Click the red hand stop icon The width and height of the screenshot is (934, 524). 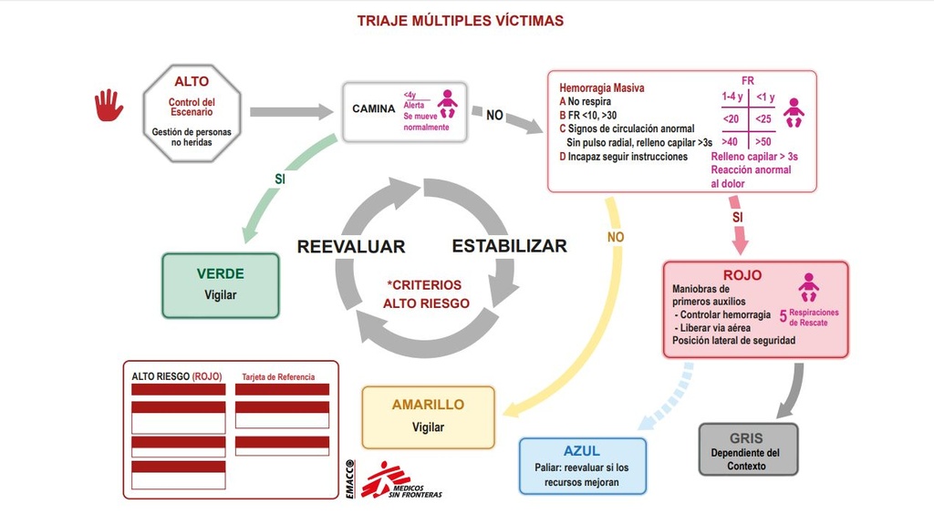109,105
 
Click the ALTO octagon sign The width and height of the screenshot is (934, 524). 192,113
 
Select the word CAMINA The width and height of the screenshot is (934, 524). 373,109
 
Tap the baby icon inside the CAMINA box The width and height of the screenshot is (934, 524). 447,104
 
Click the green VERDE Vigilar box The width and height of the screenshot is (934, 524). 221,284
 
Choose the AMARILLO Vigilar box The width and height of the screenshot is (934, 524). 428,416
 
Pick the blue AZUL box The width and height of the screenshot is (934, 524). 582,466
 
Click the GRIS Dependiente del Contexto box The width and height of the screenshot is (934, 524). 747,448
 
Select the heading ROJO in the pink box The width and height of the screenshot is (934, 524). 742,275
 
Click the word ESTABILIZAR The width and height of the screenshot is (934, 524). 509,246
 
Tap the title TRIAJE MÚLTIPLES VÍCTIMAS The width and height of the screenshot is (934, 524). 460,20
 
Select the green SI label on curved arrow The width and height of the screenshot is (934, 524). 280,180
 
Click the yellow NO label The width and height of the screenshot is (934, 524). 616,237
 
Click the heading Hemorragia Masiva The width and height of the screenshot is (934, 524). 602,88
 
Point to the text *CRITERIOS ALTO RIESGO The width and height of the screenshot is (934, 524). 425,294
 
